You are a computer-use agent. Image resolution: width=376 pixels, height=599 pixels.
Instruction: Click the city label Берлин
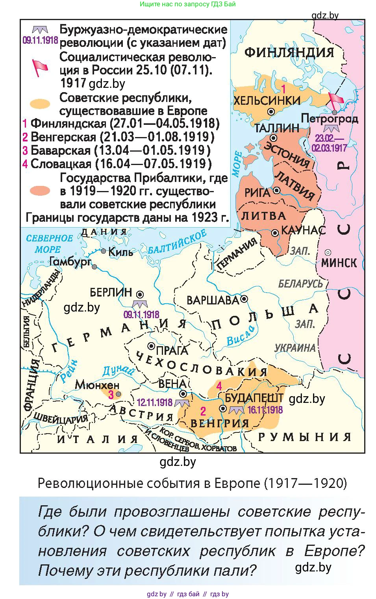point(111,292)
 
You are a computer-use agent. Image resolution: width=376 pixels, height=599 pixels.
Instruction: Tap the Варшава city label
point(213,300)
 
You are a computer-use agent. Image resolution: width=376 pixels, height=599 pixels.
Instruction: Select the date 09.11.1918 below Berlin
point(141,314)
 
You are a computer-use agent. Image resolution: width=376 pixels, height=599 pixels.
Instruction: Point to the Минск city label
point(339,263)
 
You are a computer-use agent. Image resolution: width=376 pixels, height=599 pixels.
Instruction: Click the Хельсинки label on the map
point(267,101)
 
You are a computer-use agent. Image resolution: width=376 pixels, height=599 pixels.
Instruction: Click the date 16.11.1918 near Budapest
point(265,410)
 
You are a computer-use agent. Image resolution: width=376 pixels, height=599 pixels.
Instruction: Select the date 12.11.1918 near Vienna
point(155,402)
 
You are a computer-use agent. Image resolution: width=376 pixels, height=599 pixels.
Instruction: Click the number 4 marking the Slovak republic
point(219,386)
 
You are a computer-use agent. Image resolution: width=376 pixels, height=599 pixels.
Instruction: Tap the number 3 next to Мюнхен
point(111,394)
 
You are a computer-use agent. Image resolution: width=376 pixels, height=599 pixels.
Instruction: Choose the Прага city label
point(172,350)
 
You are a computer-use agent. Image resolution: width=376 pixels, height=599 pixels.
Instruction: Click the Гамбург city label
point(70,261)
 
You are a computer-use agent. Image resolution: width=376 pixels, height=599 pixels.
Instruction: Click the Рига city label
point(257,193)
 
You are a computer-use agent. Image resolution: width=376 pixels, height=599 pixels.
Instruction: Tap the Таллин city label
point(277,128)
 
